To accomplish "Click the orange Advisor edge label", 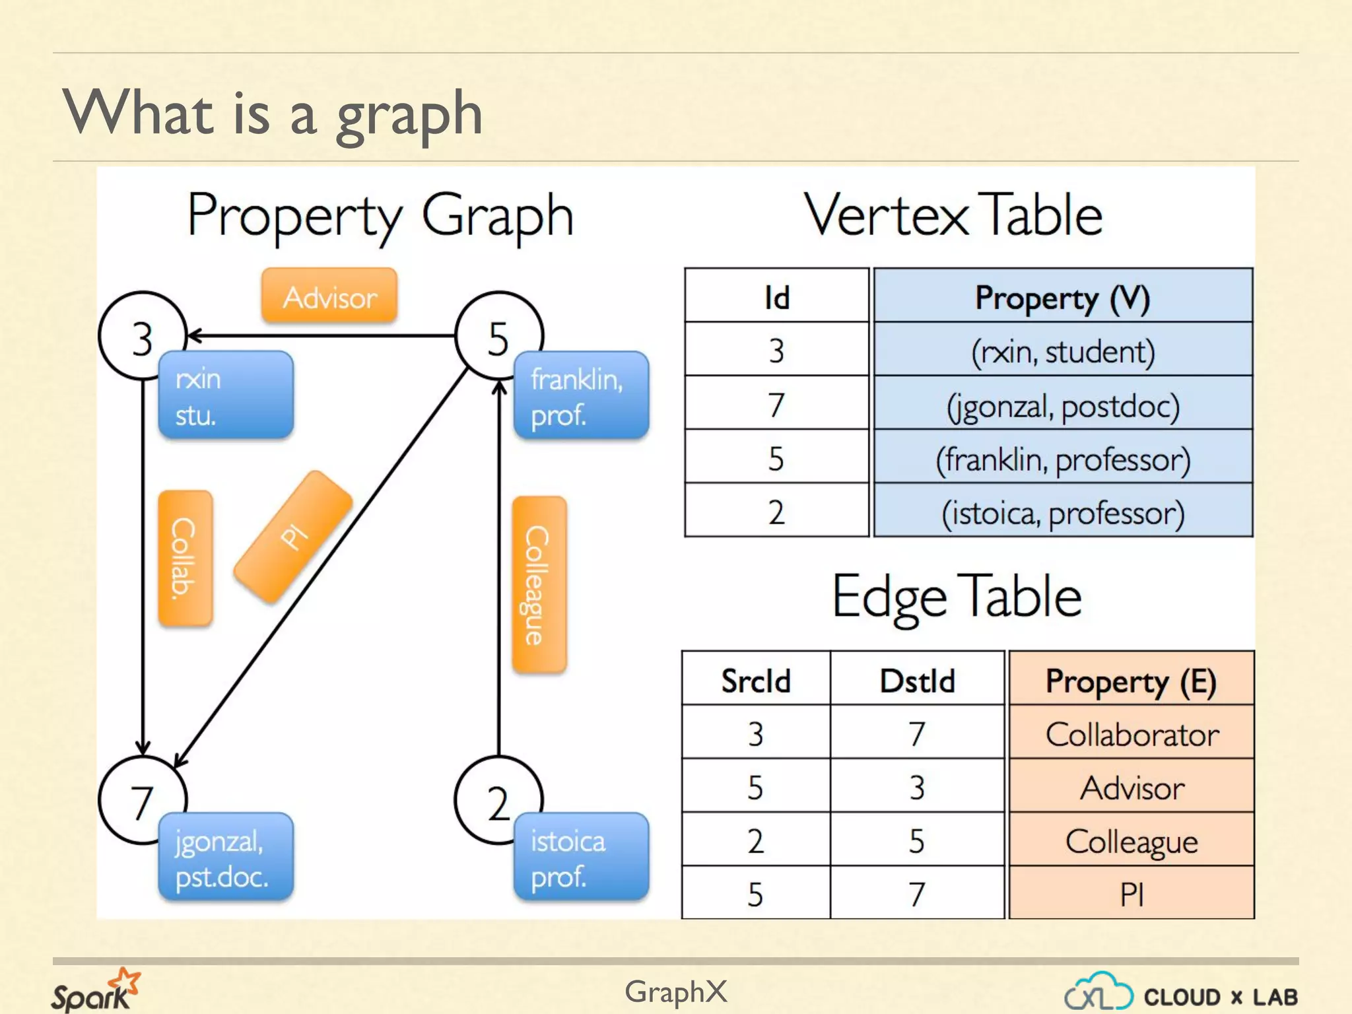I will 329,296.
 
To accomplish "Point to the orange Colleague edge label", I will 539,585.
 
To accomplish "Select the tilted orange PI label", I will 293,537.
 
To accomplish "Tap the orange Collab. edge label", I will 185,558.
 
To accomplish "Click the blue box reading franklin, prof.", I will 581,396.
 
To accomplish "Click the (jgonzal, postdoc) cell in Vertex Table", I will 1063,404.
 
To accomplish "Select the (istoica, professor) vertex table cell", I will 1063,512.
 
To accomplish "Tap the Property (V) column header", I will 1063,297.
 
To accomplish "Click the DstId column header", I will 917,680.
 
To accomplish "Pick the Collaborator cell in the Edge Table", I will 1132,733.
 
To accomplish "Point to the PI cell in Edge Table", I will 1132,894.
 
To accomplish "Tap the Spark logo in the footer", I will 95,990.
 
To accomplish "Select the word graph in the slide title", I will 409,114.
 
